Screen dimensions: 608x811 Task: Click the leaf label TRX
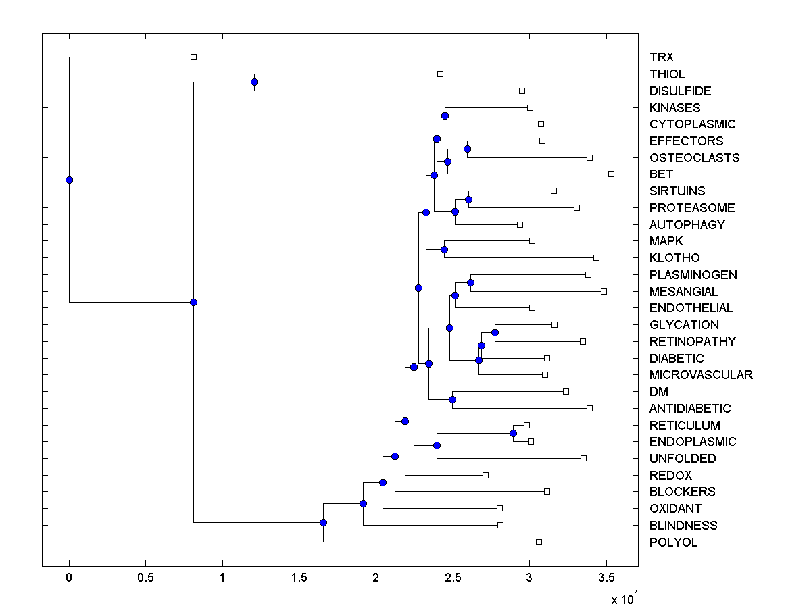click(x=662, y=57)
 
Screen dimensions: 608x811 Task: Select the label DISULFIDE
click(x=680, y=91)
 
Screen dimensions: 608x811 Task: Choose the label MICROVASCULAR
click(x=701, y=375)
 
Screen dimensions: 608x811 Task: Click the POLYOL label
click(x=673, y=542)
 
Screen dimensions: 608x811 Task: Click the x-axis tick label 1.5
click(x=299, y=578)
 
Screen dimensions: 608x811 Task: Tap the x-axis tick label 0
click(x=69, y=578)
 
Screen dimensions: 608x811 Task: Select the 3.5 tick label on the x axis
click(x=606, y=578)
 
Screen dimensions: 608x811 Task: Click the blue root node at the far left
click(x=69, y=180)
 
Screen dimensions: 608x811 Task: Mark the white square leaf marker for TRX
click(x=193, y=57)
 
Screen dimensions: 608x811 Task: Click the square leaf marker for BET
click(x=611, y=174)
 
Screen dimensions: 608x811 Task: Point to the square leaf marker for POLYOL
click(x=539, y=542)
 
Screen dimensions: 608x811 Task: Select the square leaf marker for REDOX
click(x=485, y=475)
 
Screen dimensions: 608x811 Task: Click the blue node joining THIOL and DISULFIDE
click(x=254, y=82)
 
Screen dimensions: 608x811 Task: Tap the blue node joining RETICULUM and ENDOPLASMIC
click(x=513, y=433)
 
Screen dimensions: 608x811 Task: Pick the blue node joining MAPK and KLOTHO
click(x=444, y=249)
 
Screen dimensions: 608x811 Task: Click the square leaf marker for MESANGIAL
click(x=604, y=291)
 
